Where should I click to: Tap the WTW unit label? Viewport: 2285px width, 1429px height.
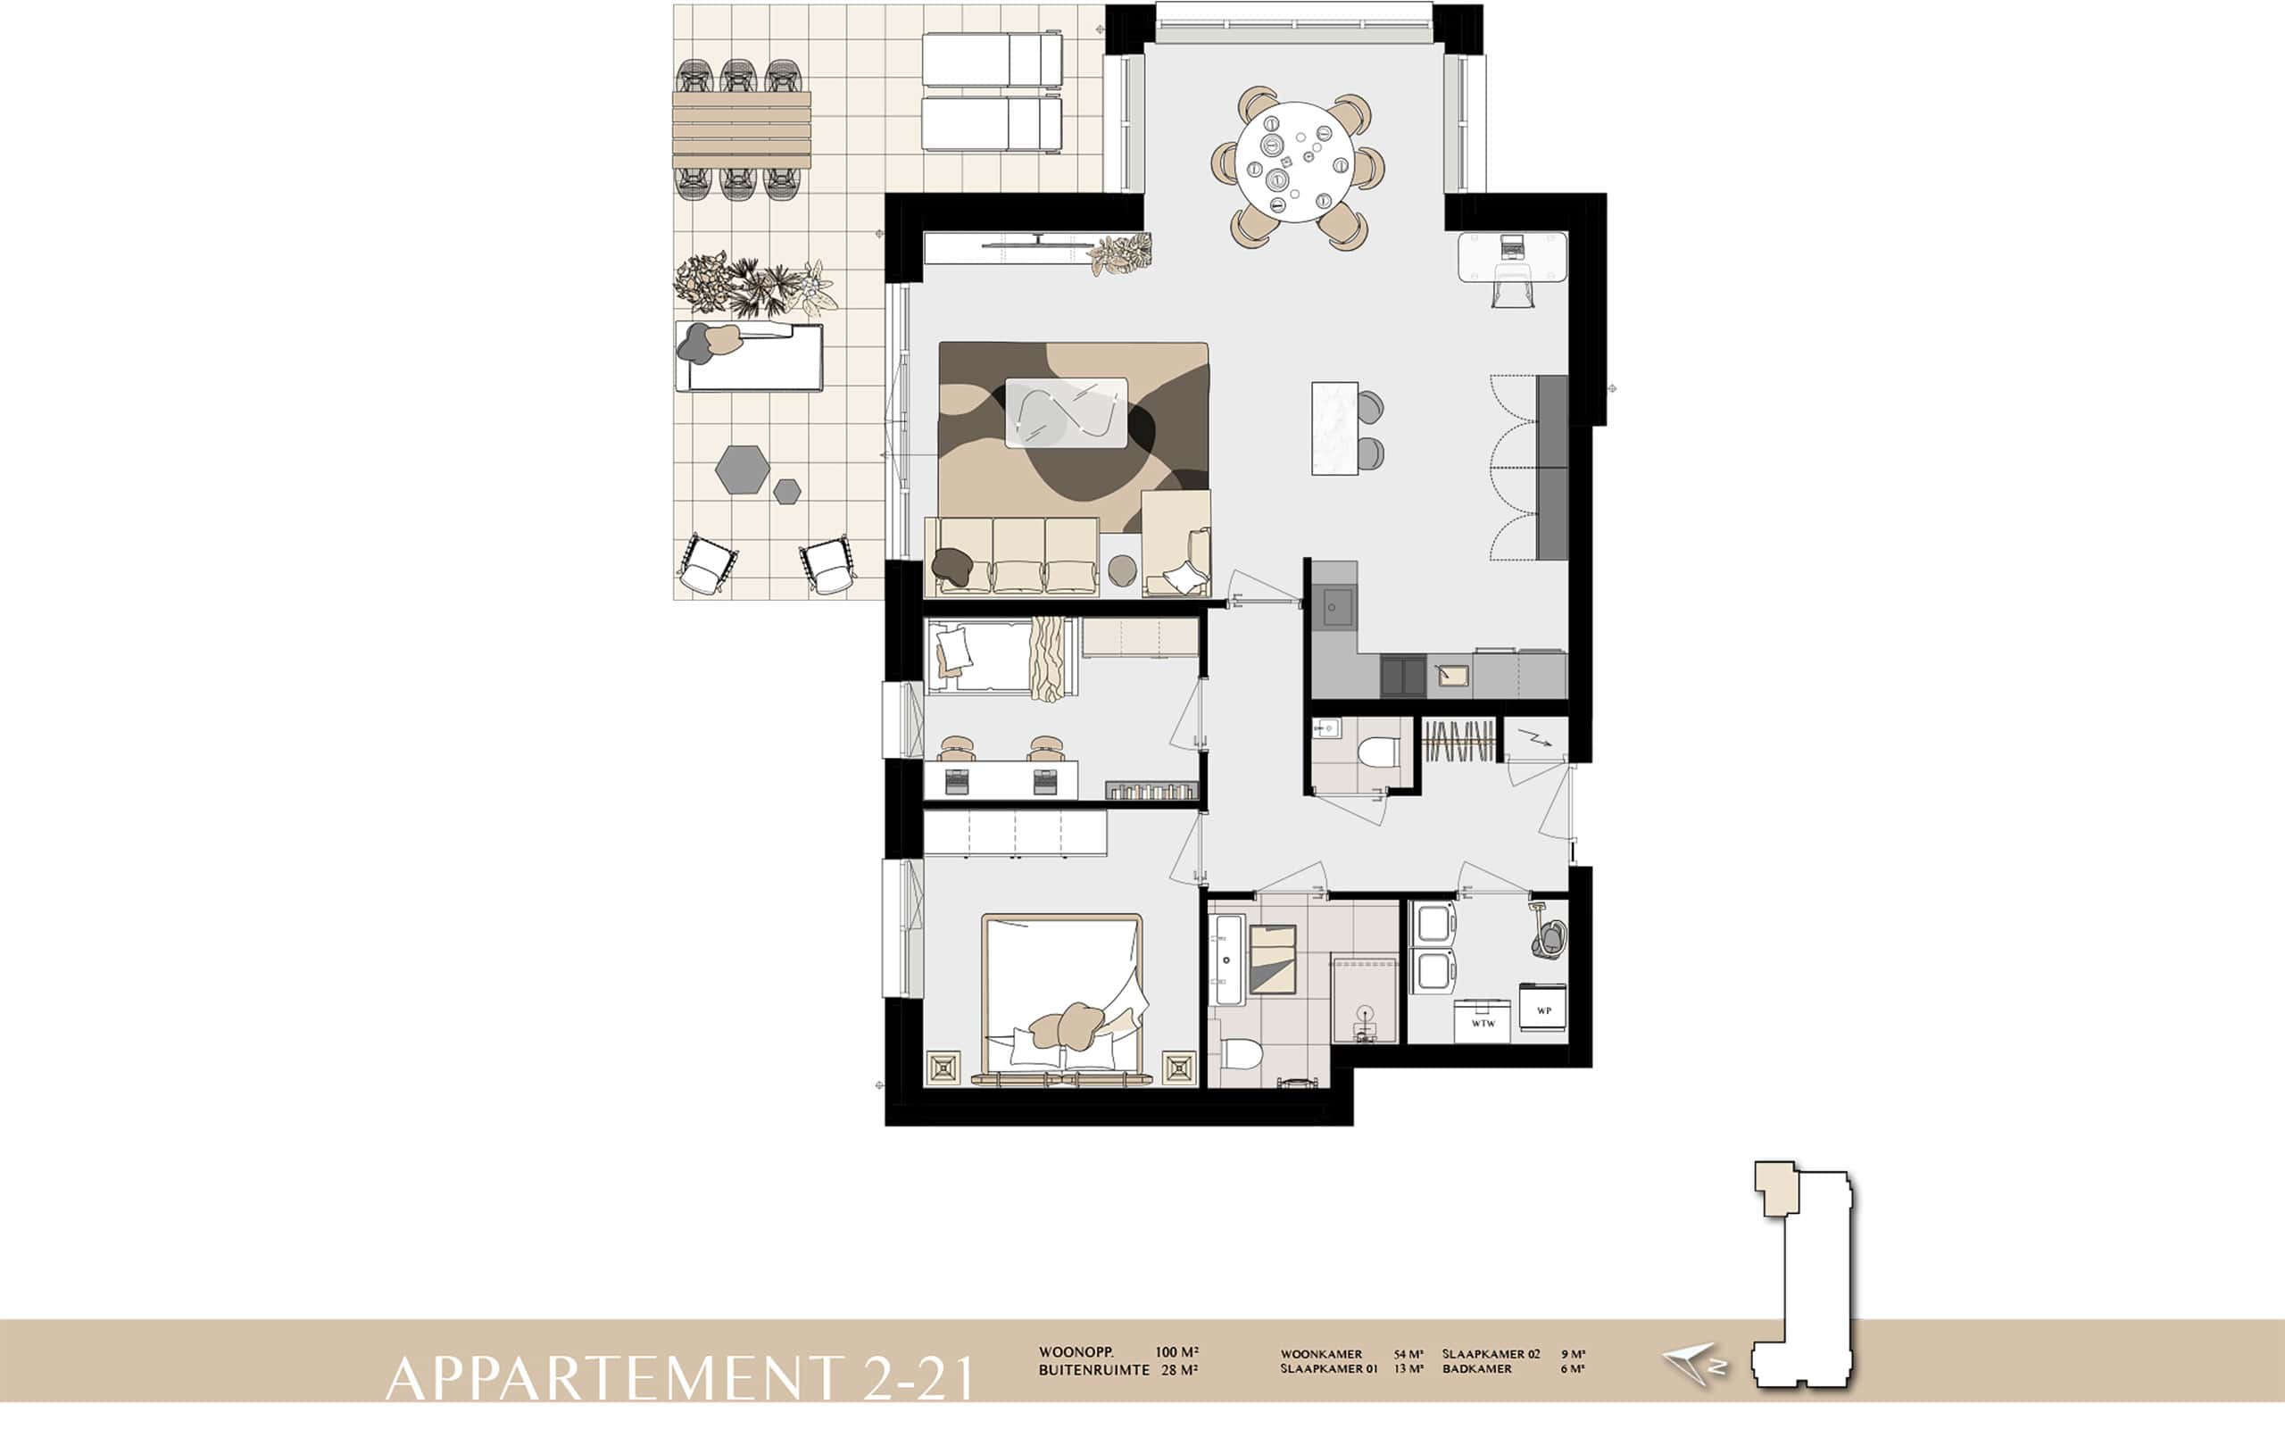tap(1483, 1024)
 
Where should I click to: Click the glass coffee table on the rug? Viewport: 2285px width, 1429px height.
tap(1066, 412)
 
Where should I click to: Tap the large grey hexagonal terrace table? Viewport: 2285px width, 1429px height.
tap(742, 469)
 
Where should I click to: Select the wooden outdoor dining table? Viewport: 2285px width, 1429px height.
tap(742, 129)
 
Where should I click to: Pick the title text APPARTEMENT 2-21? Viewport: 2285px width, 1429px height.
tap(680, 1378)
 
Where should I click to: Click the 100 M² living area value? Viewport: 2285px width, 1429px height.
tap(1176, 1352)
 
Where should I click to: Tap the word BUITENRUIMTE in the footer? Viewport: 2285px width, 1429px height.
tap(1094, 1369)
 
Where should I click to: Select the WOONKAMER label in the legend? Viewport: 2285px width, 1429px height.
tap(1321, 1354)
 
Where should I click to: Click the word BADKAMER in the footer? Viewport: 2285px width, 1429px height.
tap(1477, 1368)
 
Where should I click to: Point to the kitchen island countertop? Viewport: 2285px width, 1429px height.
tap(1334, 428)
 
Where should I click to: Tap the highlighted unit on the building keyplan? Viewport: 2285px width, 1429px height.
tap(1776, 1186)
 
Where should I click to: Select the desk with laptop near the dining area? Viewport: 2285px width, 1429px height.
tap(1513, 257)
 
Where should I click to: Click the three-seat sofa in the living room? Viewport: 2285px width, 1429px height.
tap(1012, 556)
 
